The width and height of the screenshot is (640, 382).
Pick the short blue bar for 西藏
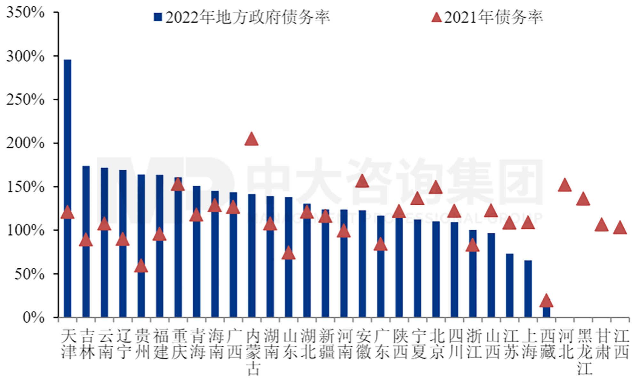pos(546,312)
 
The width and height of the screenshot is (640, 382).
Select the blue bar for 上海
pos(528,289)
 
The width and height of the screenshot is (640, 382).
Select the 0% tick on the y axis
pos(34,317)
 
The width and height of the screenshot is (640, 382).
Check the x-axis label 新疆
pos(326,344)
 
